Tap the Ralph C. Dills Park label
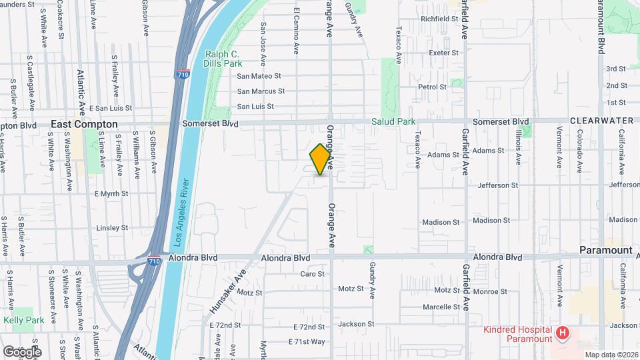coord(223,59)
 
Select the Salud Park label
coord(394,122)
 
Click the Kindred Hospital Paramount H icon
coord(563,332)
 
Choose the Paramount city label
coord(605,250)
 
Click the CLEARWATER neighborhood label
coord(601,121)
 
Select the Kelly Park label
coord(24,321)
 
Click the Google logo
coord(21,351)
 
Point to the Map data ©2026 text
coord(611,355)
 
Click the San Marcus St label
coord(261,91)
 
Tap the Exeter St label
coord(444,53)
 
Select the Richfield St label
coord(439,19)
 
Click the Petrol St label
coord(432,87)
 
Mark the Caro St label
coord(312,274)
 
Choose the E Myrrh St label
coord(111,194)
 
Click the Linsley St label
coord(112,228)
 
